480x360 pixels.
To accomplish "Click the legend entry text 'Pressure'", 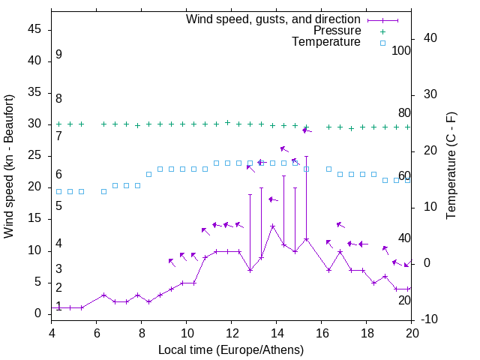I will [337, 31].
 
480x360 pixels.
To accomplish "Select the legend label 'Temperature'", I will [326, 43].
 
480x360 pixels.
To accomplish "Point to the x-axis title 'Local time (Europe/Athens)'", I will [231, 350].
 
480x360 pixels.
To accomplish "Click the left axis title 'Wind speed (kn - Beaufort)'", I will [9, 166].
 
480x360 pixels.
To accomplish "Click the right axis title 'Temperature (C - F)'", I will [451, 166].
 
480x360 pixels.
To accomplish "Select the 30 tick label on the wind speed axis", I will [34, 124].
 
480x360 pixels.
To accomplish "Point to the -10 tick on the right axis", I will [433, 319].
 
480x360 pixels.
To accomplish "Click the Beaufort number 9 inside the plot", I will [58, 55].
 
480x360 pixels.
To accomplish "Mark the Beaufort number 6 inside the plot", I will [58, 175].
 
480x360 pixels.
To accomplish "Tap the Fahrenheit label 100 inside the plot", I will [401, 51].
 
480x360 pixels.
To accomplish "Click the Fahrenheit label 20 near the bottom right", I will [404, 300].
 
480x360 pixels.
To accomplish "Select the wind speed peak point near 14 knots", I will [273, 226].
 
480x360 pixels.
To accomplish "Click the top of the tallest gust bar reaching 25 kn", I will [306, 156].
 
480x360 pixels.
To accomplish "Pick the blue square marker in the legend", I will [382, 43].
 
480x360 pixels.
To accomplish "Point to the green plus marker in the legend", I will [382, 31].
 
